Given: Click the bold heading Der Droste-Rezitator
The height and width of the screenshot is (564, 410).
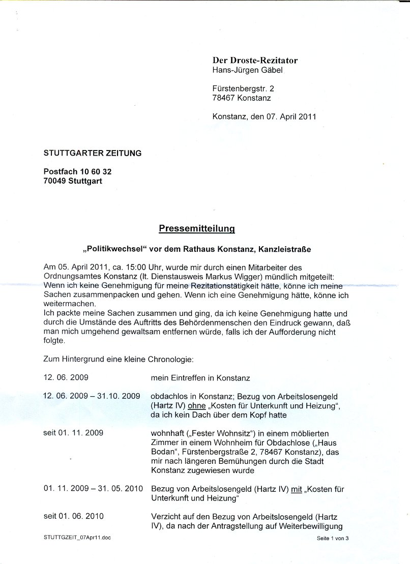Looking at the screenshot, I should pos(255,60).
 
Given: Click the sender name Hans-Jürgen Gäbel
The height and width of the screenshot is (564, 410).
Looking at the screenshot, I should pos(247,70).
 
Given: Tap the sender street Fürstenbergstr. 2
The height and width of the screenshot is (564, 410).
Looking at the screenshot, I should pos(243,88).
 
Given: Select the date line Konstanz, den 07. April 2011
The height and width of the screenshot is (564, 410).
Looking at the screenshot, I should pos(264,116).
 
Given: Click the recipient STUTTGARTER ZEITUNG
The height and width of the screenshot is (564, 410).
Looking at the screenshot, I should pos(93,153).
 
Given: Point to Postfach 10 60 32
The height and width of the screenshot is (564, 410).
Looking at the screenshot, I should pos(77,172).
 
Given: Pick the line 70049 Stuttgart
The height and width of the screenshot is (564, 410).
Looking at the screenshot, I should pos(73,181).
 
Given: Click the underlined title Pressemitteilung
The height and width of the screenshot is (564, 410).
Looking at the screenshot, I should pos(196,229).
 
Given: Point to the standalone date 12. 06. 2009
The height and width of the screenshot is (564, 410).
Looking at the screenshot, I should pos(66,378).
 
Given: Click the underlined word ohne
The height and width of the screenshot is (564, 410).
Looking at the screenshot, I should pos(197,405).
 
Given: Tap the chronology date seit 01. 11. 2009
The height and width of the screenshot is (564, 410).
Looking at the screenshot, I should pos(73,433).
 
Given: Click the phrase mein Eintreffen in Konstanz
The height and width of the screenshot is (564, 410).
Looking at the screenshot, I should pos(200,378).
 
